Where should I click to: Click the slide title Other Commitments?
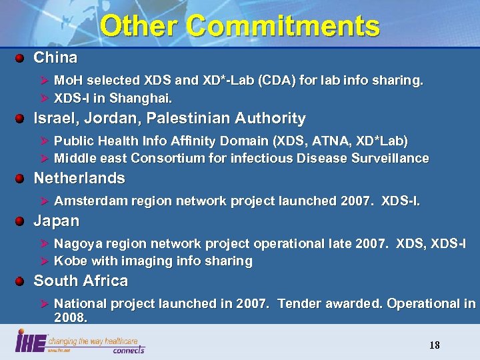[240, 26]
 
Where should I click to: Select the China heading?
[55, 57]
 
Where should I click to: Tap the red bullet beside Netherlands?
[21, 178]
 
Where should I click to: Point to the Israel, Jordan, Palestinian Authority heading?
[169, 119]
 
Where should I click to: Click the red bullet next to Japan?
[21, 221]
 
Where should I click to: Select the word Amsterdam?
[85, 201]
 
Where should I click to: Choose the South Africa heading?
[81, 281]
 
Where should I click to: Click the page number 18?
[435, 345]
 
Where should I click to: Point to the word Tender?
[299, 303]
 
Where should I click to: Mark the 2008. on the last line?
[71, 318]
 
